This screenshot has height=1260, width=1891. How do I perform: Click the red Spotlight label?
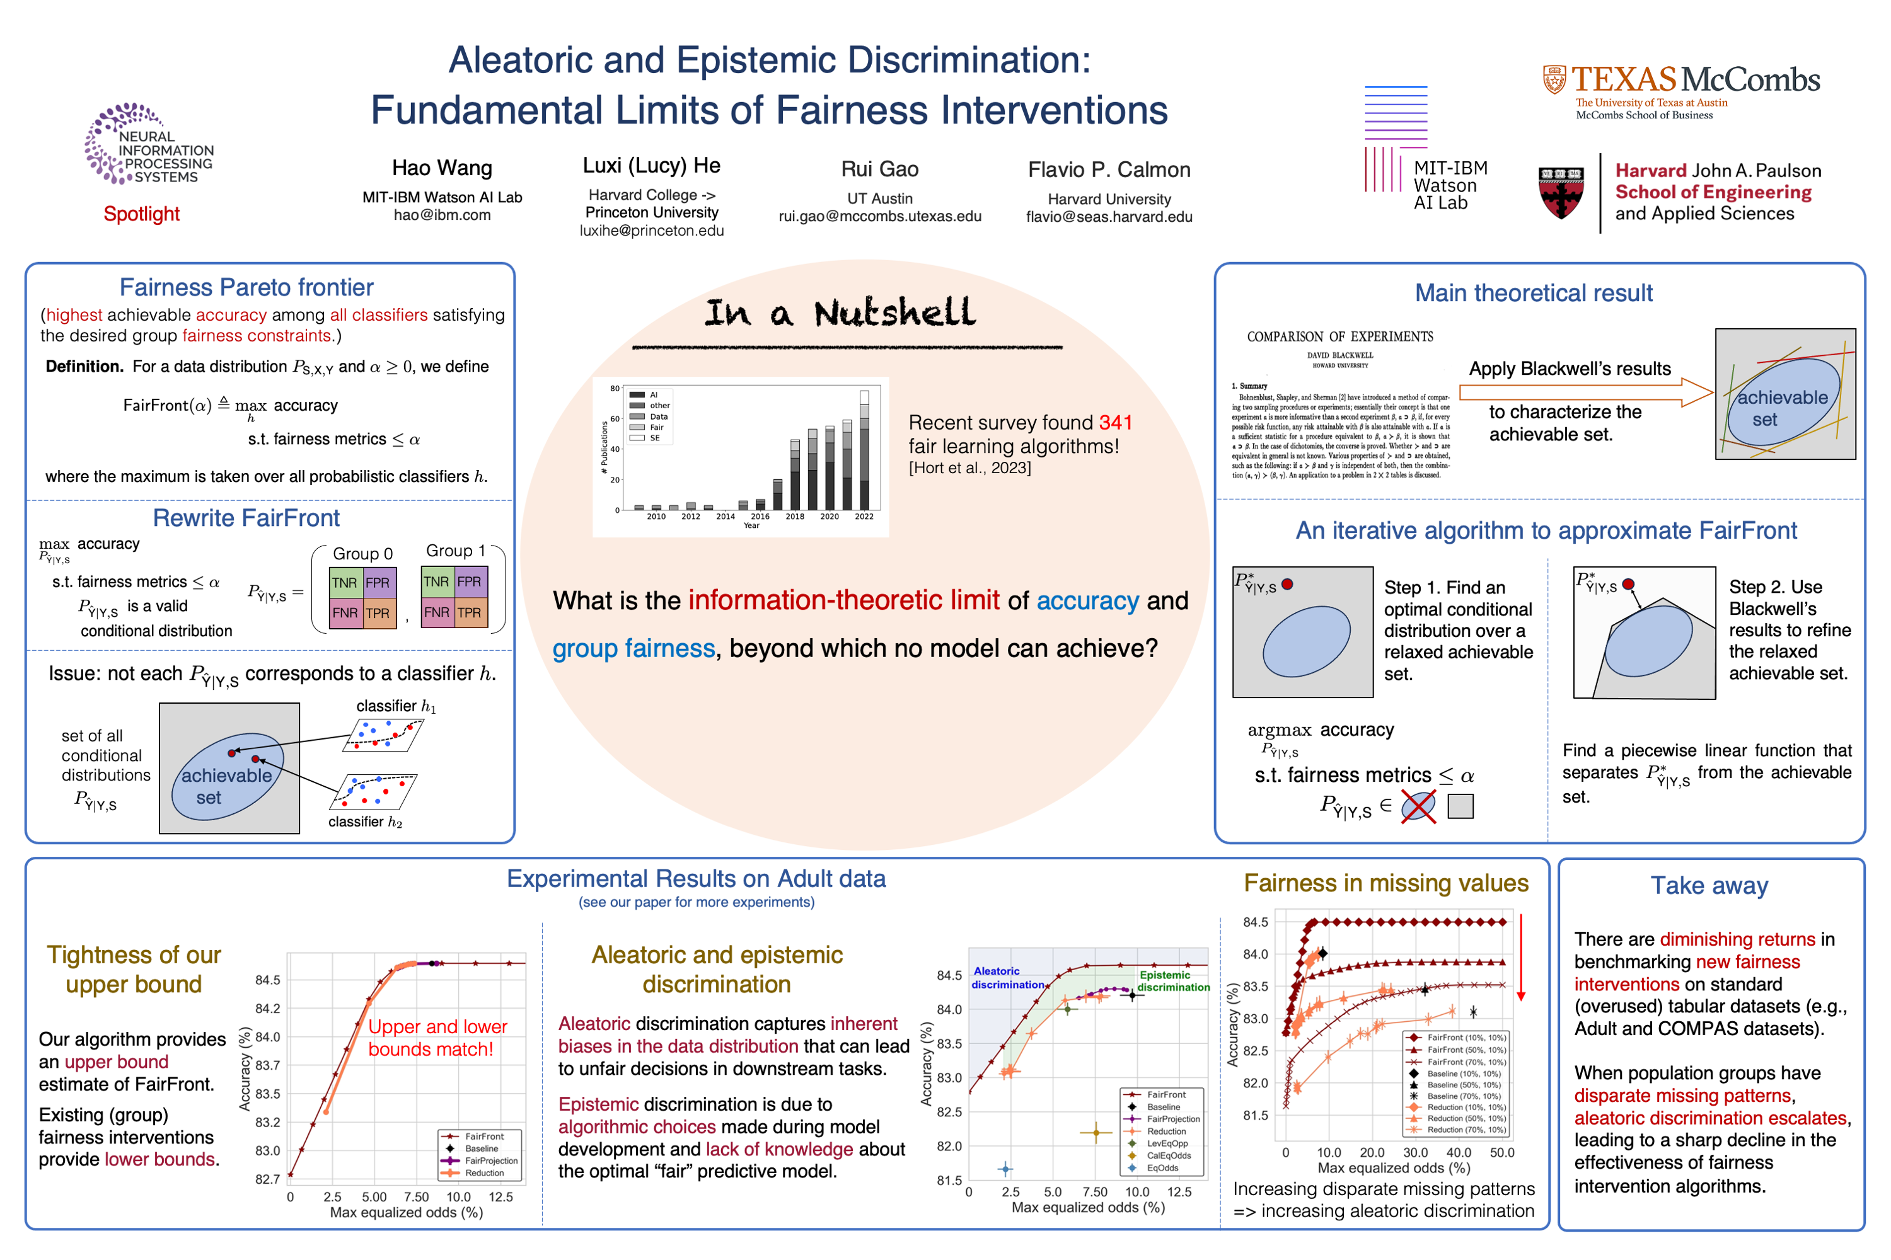(x=141, y=214)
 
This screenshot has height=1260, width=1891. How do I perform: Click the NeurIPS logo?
(x=148, y=145)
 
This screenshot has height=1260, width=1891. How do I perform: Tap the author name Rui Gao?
(x=879, y=169)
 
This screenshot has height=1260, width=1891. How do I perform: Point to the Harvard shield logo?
(x=1561, y=193)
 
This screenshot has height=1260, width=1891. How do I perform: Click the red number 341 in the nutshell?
(x=1115, y=423)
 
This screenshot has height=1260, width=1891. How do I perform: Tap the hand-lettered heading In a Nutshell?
(x=840, y=312)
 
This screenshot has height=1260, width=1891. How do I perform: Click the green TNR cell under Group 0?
(x=345, y=583)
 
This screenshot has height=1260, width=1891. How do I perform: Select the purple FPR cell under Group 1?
(x=470, y=581)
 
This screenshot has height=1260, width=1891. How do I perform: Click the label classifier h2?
(x=365, y=822)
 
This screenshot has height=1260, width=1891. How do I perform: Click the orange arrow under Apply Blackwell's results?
(x=1584, y=392)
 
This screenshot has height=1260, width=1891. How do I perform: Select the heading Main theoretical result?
(x=1533, y=294)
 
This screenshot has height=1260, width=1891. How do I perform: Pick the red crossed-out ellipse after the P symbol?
(x=1418, y=807)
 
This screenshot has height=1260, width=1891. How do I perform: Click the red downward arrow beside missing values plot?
(x=1521, y=956)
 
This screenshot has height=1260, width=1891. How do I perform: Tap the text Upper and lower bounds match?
(x=437, y=1038)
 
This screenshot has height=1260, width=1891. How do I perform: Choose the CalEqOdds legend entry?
(x=1167, y=1155)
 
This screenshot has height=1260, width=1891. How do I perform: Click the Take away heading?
(x=1709, y=886)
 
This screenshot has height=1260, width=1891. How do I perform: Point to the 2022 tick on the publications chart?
(x=864, y=517)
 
